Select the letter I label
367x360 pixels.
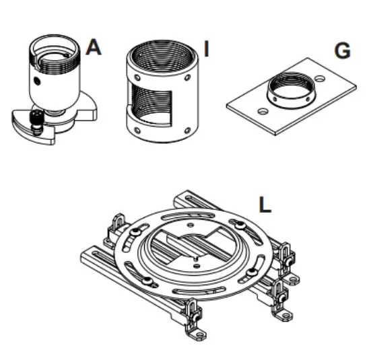click(207, 49)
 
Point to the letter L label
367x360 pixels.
click(266, 203)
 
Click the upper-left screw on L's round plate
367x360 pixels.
click(136, 233)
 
